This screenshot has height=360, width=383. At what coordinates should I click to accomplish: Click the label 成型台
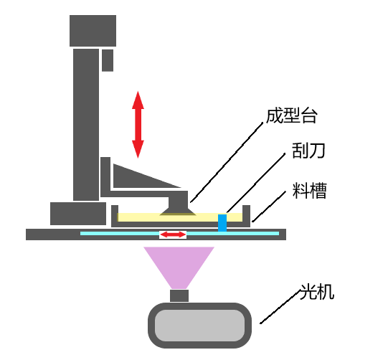coord(292,115)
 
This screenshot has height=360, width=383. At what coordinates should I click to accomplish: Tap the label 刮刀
coord(308,151)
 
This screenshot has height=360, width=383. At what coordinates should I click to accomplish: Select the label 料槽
coord(309,190)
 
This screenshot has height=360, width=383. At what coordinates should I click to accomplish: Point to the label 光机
coord(316,292)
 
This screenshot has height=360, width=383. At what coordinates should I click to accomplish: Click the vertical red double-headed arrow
coord(138,125)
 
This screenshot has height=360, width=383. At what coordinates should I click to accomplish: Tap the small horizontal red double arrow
coord(173,235)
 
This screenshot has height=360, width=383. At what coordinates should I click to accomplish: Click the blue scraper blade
coord(222,223)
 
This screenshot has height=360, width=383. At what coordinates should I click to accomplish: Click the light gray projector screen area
coord(199,326)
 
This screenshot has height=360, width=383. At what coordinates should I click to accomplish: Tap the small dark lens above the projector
coord(179,295)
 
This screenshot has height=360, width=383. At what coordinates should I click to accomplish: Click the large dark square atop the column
coord(93,31)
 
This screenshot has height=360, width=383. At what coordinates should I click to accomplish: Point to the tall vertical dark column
coord(86,125)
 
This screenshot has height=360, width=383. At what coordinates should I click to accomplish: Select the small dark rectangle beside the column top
coord(108,60)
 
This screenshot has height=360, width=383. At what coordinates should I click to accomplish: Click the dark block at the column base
coord(78,214)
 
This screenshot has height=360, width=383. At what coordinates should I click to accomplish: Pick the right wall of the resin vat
coord(246,216)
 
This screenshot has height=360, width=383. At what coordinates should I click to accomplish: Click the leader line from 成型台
coord(227,162)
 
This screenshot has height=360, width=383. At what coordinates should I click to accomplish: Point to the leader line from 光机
coord(280,307)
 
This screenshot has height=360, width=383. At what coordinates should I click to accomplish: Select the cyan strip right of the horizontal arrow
coord(233,234)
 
